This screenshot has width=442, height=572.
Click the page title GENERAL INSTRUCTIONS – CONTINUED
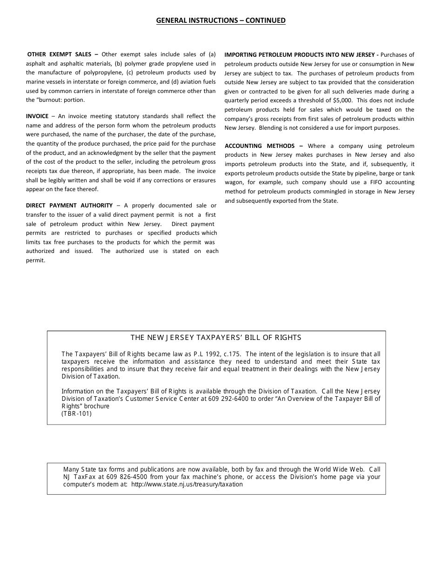[221, 20]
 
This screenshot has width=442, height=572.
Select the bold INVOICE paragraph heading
[37, 116]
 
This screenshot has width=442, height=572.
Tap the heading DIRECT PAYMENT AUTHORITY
[69, 206]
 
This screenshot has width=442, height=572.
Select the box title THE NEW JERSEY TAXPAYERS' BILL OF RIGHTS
[216, 338]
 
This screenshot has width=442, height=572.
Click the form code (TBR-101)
[77, 413]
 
